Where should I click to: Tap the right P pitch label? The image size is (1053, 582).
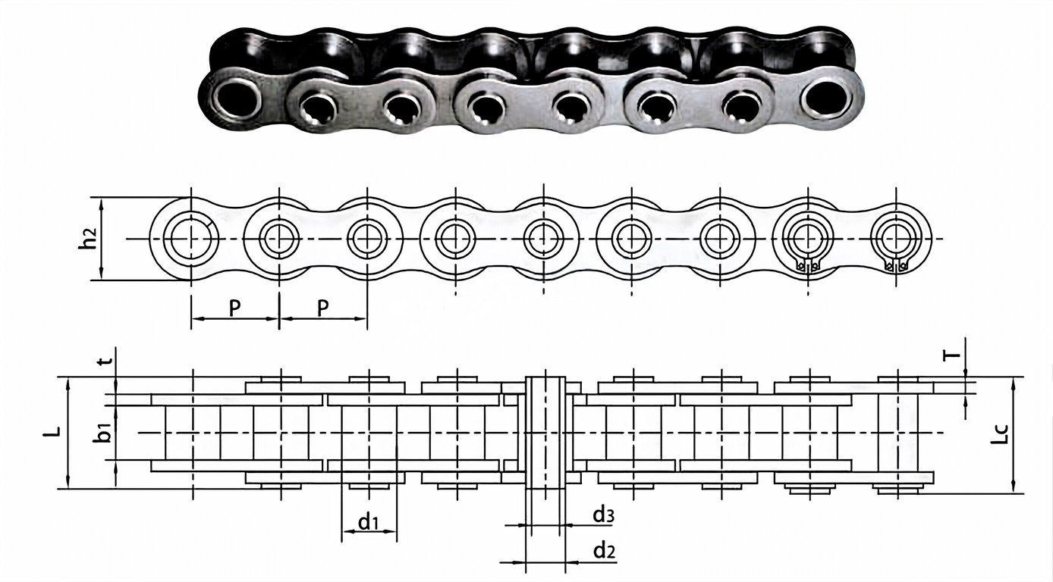click(x=323, y=308)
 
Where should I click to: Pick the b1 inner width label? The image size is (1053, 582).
click(x=107, y=433)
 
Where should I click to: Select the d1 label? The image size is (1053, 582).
click(x=369, y=521)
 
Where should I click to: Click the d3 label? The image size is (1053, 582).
click(x=603, y=515)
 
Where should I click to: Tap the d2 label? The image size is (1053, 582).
click(x=603, y=552)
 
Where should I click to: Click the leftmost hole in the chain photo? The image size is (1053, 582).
click(x=236, y=99)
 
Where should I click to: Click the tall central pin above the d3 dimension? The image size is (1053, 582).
click(x=545, y=432)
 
